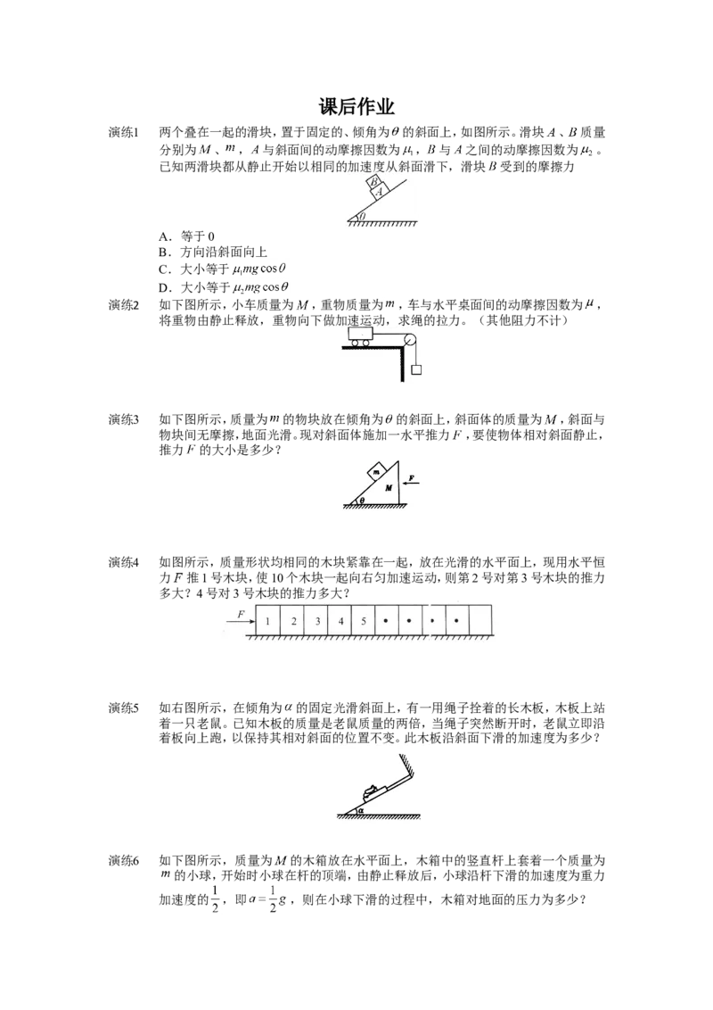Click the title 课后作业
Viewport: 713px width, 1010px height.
(x=356, y=107)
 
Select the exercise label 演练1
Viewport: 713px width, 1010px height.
(x=123, y=133)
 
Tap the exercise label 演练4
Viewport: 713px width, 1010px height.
(x=123, y=562)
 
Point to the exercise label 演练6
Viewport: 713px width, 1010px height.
(x=123, y=861)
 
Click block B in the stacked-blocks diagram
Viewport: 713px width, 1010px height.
(x=373, y=182)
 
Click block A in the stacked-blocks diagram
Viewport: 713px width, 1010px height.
(x=380, y=191)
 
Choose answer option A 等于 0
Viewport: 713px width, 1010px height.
(x=186, y=236)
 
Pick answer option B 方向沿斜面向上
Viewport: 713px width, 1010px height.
(x=213, y=252)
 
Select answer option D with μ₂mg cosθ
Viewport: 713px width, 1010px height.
(x=224, y=287)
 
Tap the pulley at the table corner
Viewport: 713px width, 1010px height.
(x=408, y=340)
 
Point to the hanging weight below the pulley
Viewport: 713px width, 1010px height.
(x=415, y=369)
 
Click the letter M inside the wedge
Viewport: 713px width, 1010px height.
(x=388, y=488)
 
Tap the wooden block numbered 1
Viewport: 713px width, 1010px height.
(x=268, y=621)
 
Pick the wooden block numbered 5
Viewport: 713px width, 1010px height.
(x=364, y=621)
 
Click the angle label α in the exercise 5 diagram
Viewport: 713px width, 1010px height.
(x=362, y=809)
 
